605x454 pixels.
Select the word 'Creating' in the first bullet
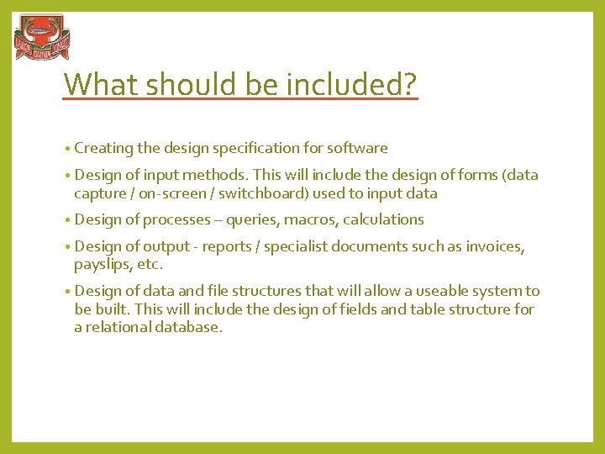[x=103, y=148]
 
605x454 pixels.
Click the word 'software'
[x=357, y=148]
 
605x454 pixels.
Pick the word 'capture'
[x=98, y=193]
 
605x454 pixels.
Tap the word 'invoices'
[x=494, y=246]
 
